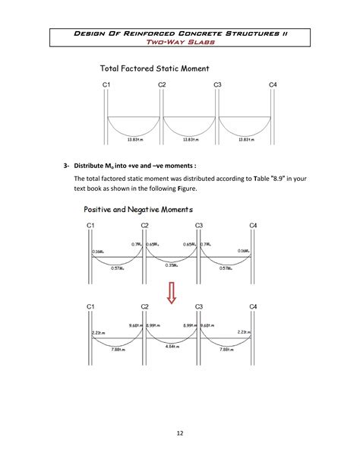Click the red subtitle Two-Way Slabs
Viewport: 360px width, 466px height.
[x=180, y=43]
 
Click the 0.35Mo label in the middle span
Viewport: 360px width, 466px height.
[x=172, y=265]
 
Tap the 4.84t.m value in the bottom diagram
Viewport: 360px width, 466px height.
[x=172, y=346]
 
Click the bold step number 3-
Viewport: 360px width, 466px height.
[x=67, y=165]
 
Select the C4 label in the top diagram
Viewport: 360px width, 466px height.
[x=273, y=84]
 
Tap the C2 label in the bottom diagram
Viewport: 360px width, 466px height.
[x=144, y=306]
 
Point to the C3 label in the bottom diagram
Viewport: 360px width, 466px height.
[x=199, y=306]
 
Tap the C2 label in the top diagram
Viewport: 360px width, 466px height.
[x=162, y=84]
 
